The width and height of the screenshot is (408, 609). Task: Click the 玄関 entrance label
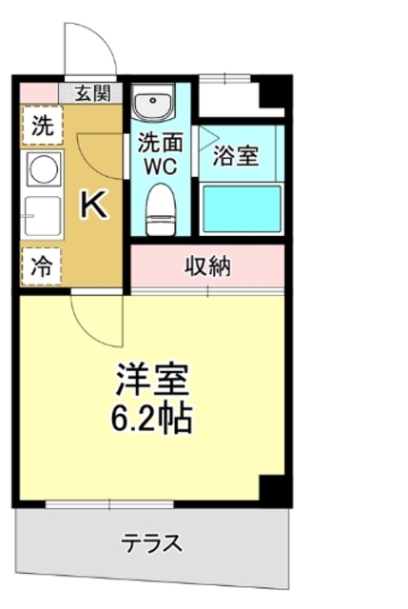[93, 93]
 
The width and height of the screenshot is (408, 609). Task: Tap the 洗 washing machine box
[42, 124]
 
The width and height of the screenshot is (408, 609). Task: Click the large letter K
[92, 204]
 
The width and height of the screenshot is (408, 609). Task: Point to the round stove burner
[42, 170]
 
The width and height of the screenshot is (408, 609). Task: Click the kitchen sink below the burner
[42, 217]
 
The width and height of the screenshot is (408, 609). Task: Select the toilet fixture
[160, 206]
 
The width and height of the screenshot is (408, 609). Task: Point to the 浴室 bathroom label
[236, 155]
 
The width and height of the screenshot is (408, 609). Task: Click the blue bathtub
[243, 207]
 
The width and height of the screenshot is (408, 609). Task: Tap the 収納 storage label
[206, 266]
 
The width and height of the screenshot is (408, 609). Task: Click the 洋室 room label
[153, 380]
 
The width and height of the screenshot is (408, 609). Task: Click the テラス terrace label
[151, 544]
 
